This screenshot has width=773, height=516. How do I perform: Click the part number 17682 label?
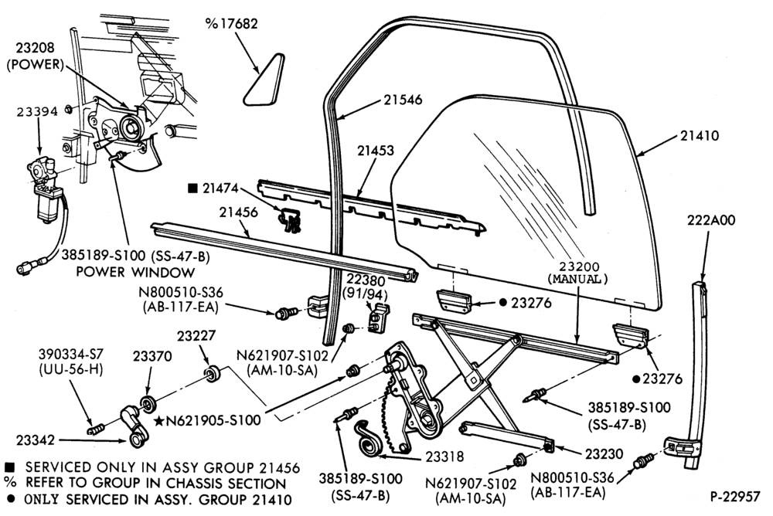[x=232, y=24]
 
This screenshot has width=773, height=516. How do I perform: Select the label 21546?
[x=404, y=100]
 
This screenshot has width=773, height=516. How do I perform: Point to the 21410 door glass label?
[x=700, y=135]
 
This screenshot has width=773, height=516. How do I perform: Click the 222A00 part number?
[x=711, y=220]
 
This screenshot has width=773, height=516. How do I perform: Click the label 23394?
[x=37, y=111]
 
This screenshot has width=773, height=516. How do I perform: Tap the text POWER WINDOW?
[x=135, y=272]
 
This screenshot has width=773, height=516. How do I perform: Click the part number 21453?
[x=376, y=151]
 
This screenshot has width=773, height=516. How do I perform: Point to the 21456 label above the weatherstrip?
[x=239, y=212]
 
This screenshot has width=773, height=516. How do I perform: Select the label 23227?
[x=196, y=335]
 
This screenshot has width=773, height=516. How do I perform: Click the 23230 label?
[x=604, y=453]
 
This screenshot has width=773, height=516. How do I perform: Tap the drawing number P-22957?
[x=734, y=497]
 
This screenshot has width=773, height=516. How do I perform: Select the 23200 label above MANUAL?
[x=577, y=266]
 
